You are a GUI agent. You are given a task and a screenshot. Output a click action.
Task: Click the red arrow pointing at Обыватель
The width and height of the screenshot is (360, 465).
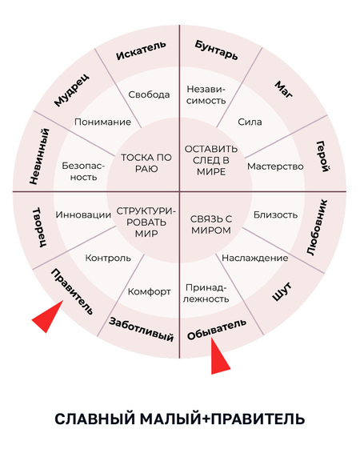click(219, 358)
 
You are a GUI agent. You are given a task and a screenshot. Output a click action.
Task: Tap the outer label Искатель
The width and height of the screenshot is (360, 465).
click(141, 50)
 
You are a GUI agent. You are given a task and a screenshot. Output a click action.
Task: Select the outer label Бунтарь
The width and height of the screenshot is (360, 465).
click(217, 50)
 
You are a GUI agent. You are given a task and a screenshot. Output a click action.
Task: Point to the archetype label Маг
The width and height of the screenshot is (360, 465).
click(284, 90)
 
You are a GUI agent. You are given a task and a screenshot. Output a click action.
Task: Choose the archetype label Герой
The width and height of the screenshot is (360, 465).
click(322, 156)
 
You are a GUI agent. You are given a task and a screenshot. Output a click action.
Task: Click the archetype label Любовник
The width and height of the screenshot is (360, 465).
click(317, 227)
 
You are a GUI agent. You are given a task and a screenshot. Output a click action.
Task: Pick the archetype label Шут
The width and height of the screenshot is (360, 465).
click(282, 292)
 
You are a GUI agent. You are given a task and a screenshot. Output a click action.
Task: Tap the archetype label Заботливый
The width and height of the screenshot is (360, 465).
click(141, 329)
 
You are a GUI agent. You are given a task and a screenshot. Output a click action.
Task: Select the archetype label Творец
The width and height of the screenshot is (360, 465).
click(39, 227)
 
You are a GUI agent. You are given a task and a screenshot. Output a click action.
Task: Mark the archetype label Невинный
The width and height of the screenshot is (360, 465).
click(39, 156)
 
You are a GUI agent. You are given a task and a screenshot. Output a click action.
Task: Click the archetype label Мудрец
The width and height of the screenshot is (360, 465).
click(71, 90)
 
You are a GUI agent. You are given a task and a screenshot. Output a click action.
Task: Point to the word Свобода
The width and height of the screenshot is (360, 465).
click(149, 94)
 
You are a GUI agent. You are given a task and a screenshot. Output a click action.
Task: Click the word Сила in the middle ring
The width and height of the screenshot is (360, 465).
click(250, 122)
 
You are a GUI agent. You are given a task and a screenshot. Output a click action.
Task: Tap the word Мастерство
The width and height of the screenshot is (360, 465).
click(275, 166)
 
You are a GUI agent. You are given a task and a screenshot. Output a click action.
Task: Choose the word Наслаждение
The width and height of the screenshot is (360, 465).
click(255, 258)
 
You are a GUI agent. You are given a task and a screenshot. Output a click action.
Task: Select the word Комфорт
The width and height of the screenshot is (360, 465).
click(149, 292)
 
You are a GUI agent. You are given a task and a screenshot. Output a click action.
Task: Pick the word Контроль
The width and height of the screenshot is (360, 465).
click(108, 258)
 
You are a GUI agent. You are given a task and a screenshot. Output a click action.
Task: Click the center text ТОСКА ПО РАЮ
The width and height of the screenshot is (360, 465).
click(146, 162)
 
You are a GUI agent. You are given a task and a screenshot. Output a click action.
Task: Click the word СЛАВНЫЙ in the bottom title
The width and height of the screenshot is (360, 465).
click(95, 419)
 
